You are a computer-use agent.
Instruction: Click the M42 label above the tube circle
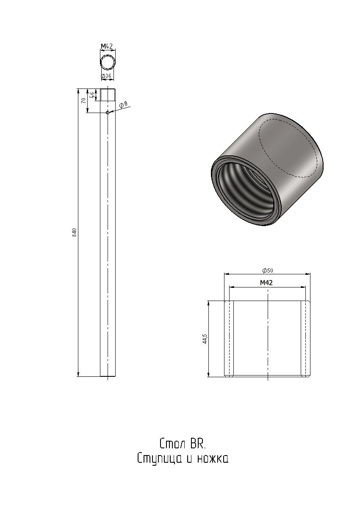(107, 46)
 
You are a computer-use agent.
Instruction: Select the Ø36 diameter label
(108, 76)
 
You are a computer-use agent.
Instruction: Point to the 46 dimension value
(92, 95)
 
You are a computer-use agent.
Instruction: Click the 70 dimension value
(84, 100)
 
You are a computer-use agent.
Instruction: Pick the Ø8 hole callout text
(123, 105)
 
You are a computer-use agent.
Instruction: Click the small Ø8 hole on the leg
(108, 113)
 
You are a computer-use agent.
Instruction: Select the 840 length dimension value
(75, 232)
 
